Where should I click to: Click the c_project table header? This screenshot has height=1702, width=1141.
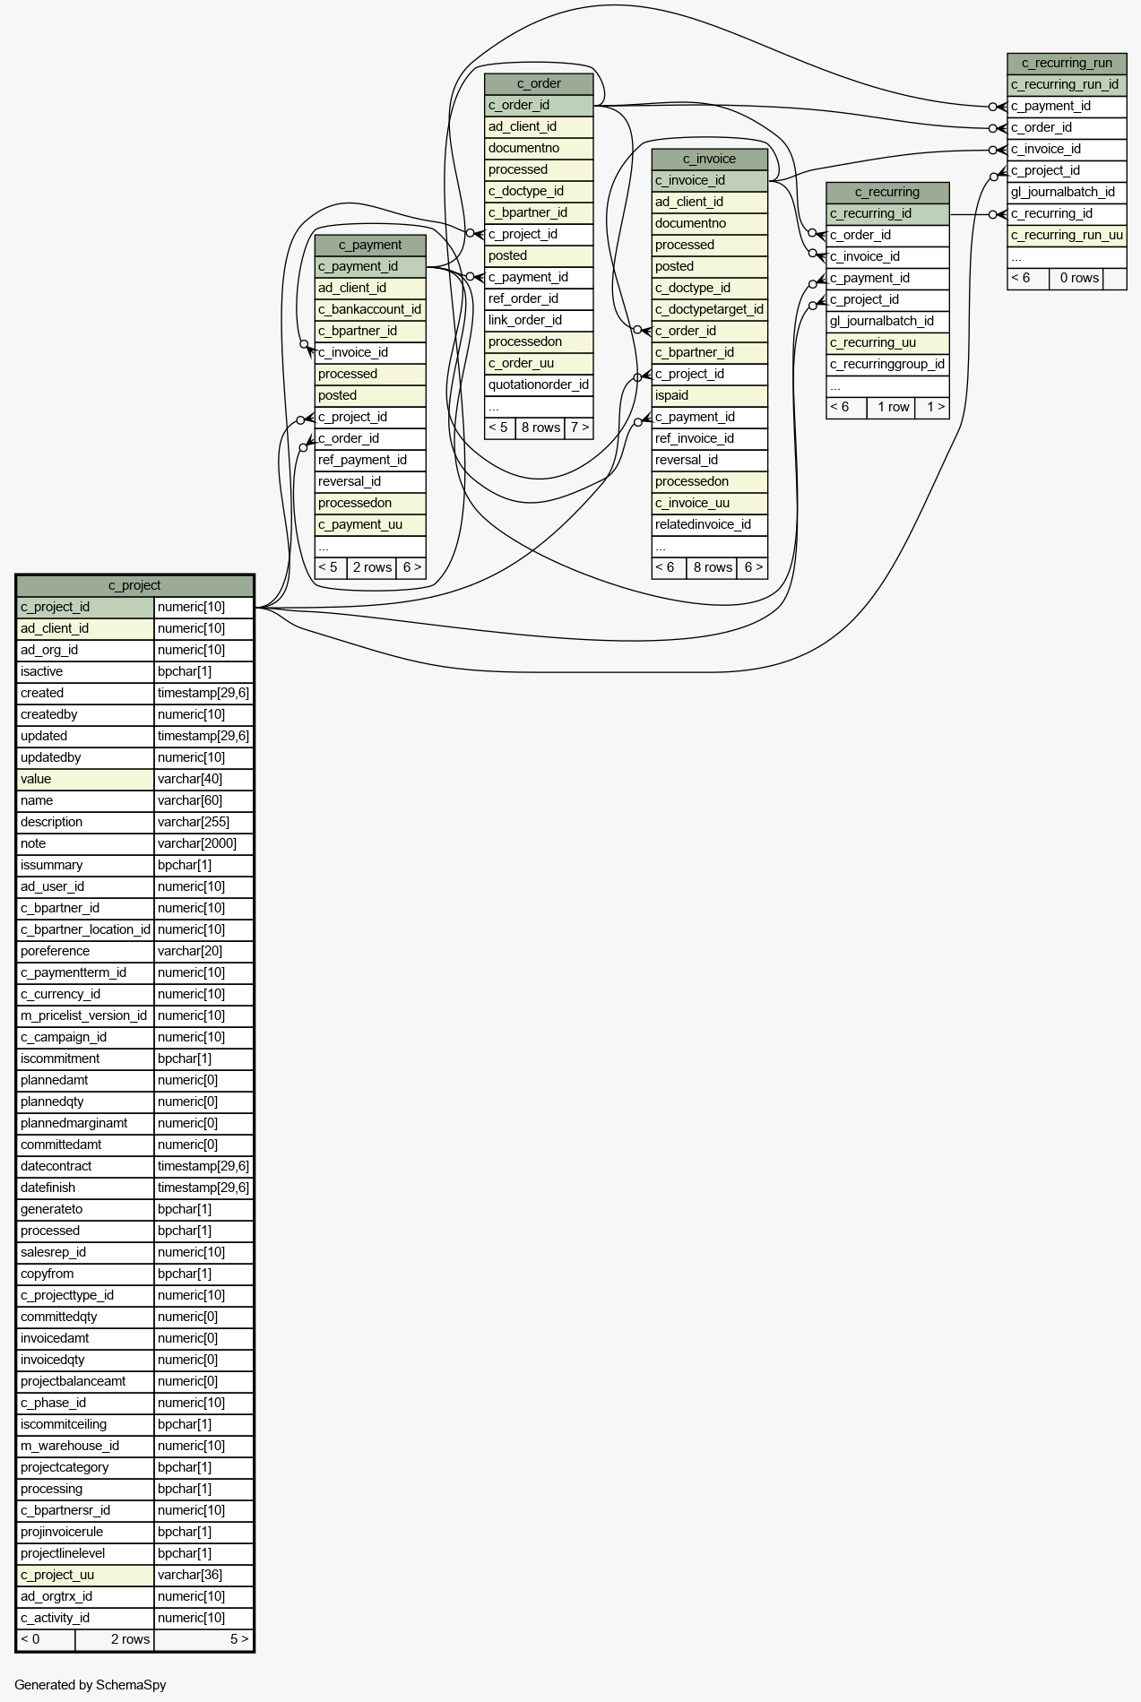(x=134, y=585)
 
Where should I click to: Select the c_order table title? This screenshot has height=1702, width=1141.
(x=539, y=83)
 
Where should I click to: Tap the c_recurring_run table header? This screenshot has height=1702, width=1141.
(x=1067, y=63)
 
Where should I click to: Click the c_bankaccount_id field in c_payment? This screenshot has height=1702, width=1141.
(x=370, y=309)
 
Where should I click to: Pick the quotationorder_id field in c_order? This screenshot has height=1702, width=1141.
(x=539, y=384)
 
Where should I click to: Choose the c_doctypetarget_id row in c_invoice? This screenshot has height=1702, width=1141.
(x=710, y=309)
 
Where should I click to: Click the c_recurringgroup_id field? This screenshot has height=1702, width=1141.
(x=887, y=364)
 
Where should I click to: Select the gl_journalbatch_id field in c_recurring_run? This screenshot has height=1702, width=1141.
(x=1067, y=192)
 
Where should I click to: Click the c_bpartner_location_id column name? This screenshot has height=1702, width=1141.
(x=85, y=929)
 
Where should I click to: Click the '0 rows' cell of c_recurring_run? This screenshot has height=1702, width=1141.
(x=1079, y=278)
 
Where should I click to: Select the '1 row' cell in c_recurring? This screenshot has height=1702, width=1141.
(x=893, y=407)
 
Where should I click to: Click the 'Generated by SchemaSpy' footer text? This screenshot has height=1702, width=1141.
(x=91, y=1685)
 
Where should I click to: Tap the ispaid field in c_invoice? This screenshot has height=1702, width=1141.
(x=710, y=395)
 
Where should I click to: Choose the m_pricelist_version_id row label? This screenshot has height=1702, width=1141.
(x=85, y=1015)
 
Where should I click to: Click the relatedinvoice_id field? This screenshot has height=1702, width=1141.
(x=710, y=524)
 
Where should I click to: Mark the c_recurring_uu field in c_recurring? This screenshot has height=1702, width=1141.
(x=887, y=342)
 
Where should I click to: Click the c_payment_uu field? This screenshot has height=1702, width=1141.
(x=370, y=524)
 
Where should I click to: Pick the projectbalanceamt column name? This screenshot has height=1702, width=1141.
(x=85, y=1381)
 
